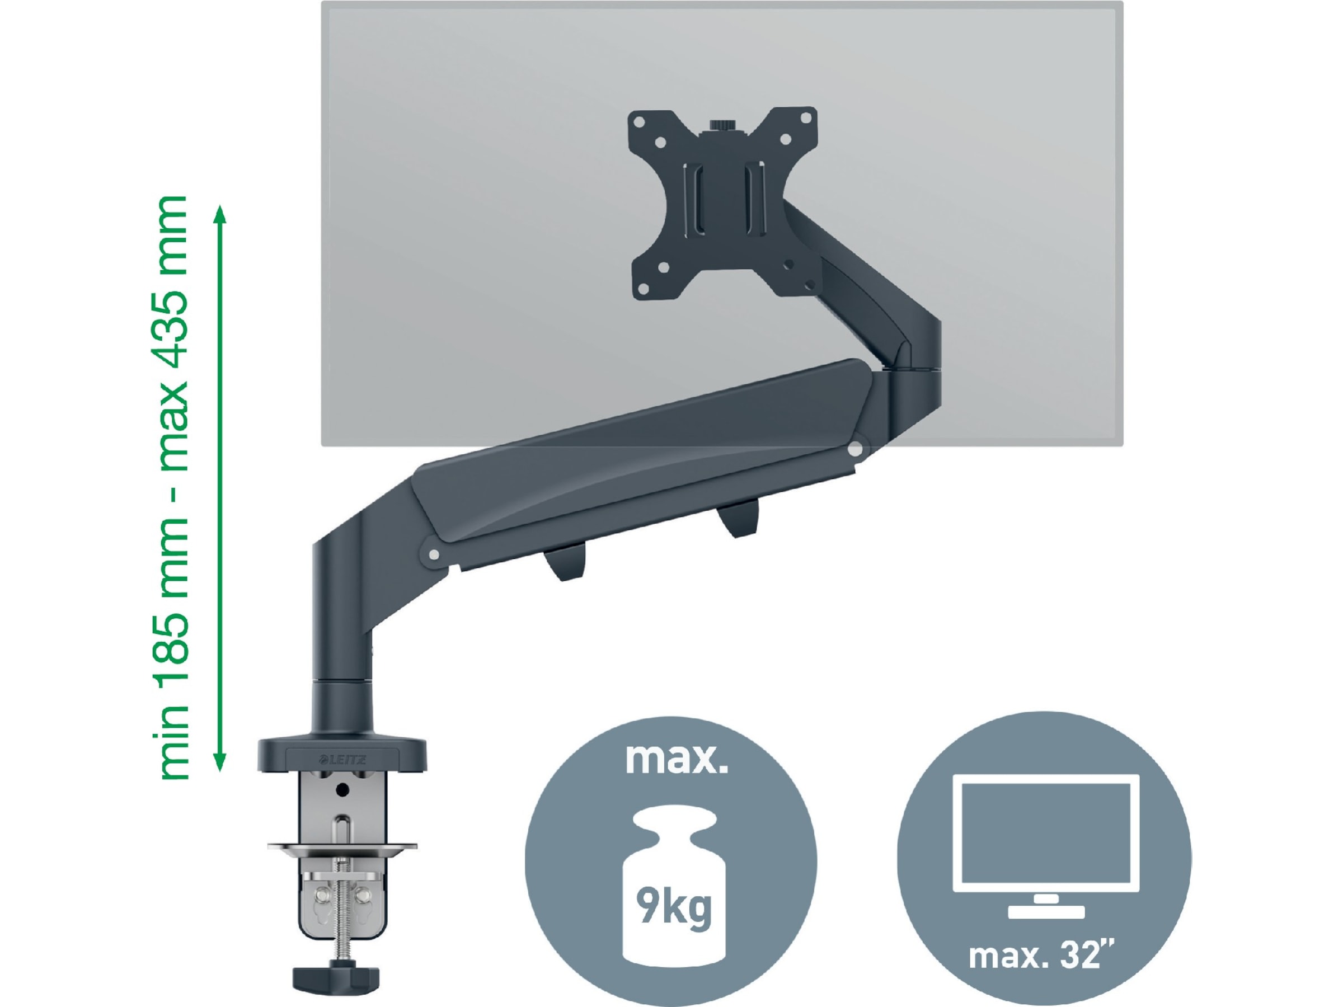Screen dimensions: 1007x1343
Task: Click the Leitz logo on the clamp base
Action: coord(343,759)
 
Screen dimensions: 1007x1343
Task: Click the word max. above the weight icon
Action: coord(676,759)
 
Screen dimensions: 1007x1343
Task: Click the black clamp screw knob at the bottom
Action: coord(336,977)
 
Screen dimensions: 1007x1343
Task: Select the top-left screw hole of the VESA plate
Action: coord(638,121)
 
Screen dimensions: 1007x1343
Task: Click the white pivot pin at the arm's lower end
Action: coord(434,554)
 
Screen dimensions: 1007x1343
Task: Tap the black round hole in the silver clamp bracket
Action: coord(342,790)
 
